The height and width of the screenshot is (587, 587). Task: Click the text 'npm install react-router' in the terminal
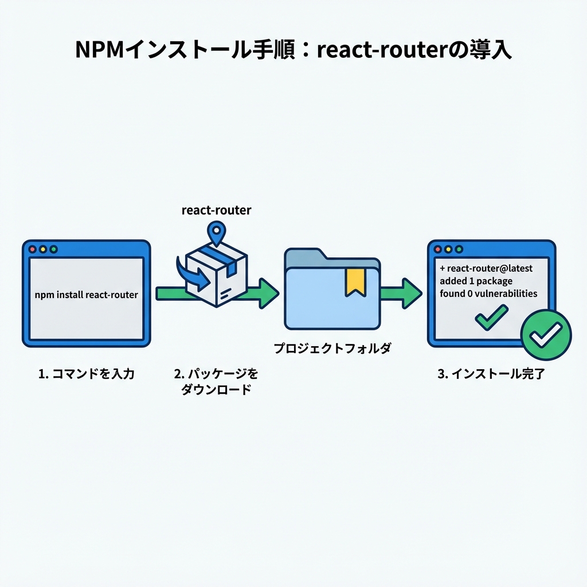pos(86,295)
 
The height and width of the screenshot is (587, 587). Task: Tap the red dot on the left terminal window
pos(33,250)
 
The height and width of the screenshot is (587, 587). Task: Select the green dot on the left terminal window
pos(53,250)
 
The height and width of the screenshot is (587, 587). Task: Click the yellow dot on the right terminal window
pos(449,250)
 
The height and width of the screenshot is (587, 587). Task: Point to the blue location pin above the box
pos(216,233)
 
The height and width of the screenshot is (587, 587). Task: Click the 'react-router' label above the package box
pos(216,210)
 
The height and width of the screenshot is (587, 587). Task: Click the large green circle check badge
pos(546,335)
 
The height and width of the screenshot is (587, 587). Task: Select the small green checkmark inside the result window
pos(491,317)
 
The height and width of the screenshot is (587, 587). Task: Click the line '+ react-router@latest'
pos(486,268)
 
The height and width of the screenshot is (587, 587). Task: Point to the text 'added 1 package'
pos(476,281)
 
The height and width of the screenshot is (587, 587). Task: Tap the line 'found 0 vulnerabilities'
pos(488,293)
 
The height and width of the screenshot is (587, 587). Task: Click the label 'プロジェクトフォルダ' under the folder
pos(332,349)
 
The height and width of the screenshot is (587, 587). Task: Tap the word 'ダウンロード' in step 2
pos(216,390)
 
